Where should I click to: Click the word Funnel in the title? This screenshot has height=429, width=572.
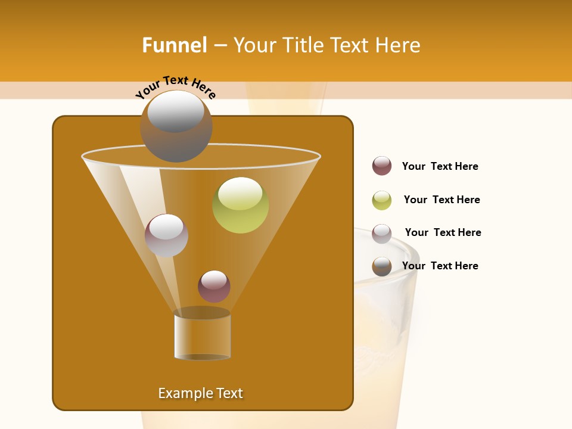[x=175, y=45]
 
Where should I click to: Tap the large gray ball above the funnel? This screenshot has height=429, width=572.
[x=176, y=126]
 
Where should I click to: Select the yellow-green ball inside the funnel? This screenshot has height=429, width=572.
[x=241, y=205]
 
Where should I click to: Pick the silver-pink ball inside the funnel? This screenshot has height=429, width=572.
[x=166, y=235]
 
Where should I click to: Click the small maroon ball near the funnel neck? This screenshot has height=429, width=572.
[x=214, y=286]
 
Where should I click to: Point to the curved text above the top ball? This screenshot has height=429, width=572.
[x=176, y=87]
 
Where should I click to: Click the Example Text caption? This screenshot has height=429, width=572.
[x=201, y=393]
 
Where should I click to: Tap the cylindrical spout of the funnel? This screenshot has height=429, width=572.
[x=202, y=337]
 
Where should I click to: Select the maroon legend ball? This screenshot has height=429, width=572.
[x=382, y=166]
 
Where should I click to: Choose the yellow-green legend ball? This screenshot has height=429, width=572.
[x=382, y=200]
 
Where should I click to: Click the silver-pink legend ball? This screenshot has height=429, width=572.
[x=382, y=234]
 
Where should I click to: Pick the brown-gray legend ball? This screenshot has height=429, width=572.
[x=382, y=266]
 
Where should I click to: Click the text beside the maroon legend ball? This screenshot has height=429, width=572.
[x=440, y=166]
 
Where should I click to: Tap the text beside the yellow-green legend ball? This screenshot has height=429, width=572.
[x=442, y=200]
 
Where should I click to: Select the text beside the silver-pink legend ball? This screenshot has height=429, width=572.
[x=443, y=232]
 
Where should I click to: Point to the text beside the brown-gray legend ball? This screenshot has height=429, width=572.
[x=440, y=266]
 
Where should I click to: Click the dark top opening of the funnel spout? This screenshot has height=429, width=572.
[x=202, y=313]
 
